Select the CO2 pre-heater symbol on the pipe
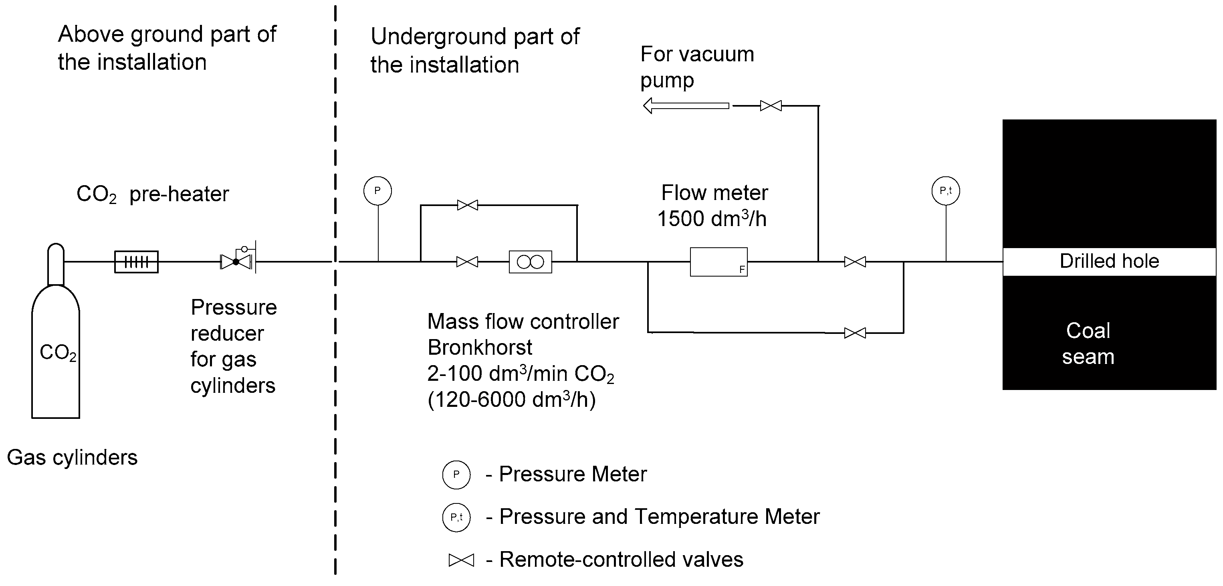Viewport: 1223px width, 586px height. (x=136, y=262)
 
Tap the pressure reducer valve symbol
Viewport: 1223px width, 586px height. (x=236, y=261)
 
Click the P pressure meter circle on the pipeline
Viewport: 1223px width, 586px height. (x=377, y=191)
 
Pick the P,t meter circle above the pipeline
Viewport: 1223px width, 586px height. (x=946, y=191)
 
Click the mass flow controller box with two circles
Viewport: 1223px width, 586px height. (x=530, y=262)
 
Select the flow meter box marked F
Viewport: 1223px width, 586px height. (x=718, y=262)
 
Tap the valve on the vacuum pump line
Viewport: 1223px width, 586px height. (x=771, y=105)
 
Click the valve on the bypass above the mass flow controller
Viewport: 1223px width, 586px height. (x=467, y=205)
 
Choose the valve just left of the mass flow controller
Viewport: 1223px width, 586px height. (x=467, y=262)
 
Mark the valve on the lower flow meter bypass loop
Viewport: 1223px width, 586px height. (x=855, y=333)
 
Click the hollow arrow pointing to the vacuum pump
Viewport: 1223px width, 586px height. (x=686, y=105)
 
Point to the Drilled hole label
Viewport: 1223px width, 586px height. (x=1109, y=261)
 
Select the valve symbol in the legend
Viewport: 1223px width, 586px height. (x=461, y=560)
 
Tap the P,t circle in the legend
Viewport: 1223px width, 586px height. (x=456, y=517)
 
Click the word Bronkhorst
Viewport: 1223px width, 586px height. (x=480, y=348)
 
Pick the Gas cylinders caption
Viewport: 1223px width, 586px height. (x=72, y=458)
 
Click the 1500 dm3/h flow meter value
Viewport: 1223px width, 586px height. (x=712, y=219)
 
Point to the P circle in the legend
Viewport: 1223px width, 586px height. (x=456, y=475)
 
